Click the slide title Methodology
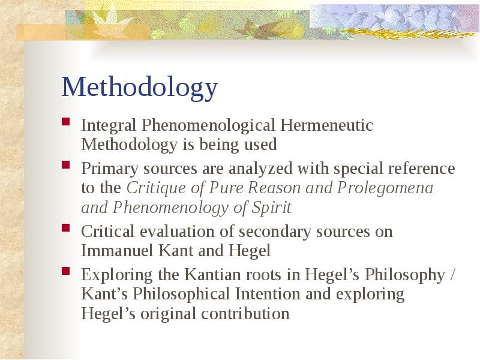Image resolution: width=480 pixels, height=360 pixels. [140, 88]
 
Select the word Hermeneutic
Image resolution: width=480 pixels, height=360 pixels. [326, 125]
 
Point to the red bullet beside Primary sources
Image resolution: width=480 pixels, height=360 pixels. [66, 165]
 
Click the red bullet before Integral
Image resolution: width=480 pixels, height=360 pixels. [66, 122]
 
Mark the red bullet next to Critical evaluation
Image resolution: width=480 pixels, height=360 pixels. [66, 228]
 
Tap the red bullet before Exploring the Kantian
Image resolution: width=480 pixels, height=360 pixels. [66, 271]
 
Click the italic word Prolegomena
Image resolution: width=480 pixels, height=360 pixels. [385, 188]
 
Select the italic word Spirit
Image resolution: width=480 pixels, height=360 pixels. [272, 208]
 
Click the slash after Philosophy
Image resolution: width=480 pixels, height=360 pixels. [453, 275]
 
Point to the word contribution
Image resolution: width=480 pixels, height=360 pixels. [245, 314]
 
